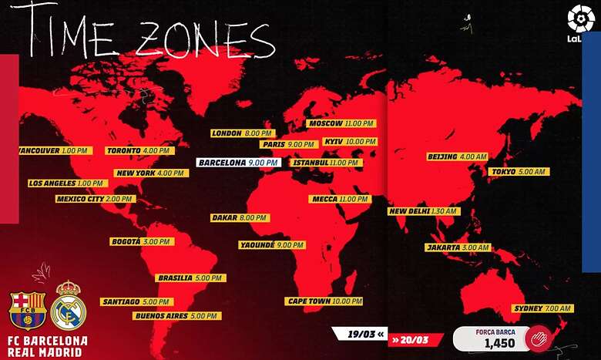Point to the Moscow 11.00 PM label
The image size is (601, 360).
pyautogui.click(x=341, y=123)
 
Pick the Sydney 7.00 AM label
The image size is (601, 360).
pyautogui.click(x=542, y=308)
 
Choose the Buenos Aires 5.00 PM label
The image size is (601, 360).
pyautogui.click(x=176, y=315)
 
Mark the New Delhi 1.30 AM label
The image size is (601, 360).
pyautogui.click(x=423, y=211)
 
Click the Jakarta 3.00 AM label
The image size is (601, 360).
pyautogui.click(x=457, y=247)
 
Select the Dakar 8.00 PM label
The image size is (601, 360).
pyautogui.click(x=239, y=218)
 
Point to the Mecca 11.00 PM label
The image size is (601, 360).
pyautogui.click(x=340, y=199)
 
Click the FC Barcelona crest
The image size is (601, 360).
pyautogui.click(x=28, y=311)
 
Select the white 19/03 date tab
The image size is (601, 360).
pyautogui.click(x=359, y=335)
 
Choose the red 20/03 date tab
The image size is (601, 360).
pyautogui.click(x=415, y=339)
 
